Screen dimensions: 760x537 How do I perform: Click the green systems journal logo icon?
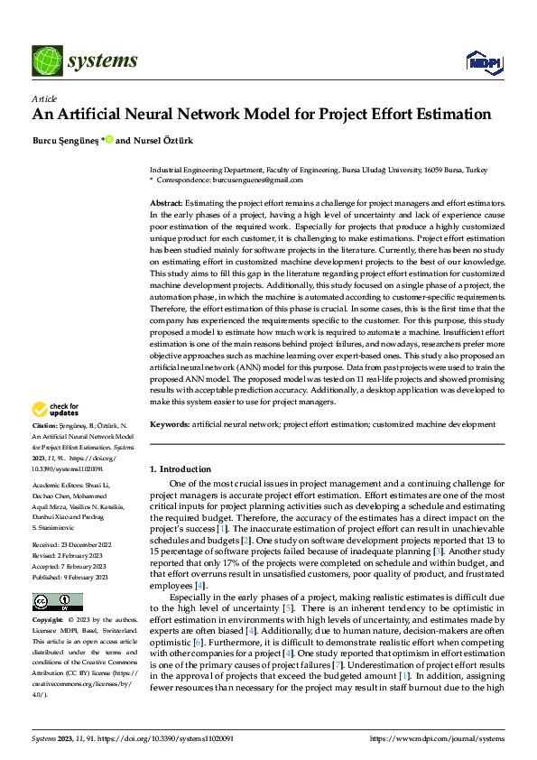click(45, 60)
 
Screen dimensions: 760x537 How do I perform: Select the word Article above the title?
click(43, 98)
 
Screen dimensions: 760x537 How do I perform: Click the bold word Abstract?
click(166, 205)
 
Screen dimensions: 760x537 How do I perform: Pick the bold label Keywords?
click(170, 423)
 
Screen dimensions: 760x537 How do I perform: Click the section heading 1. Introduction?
click(180, 469)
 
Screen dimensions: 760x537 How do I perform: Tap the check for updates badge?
click(58, 410)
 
